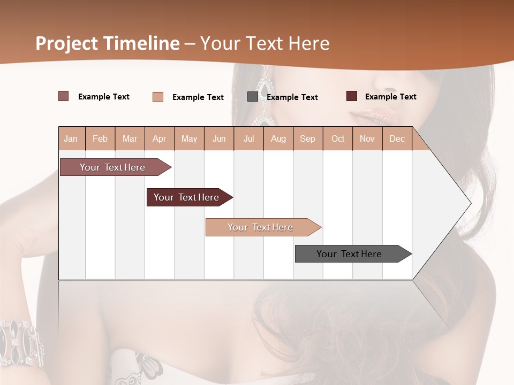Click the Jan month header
(71, 138)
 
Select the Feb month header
(100, 138)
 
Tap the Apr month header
(159, 138)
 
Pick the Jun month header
(219, 138)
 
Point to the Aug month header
(278, 138)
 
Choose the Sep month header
(307, 138)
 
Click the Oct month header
(338, 138)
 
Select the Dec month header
(397, 138)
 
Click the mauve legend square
(63, 96)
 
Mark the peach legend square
(158, 97)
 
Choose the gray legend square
(253, 97)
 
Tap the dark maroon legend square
(352, 96)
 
